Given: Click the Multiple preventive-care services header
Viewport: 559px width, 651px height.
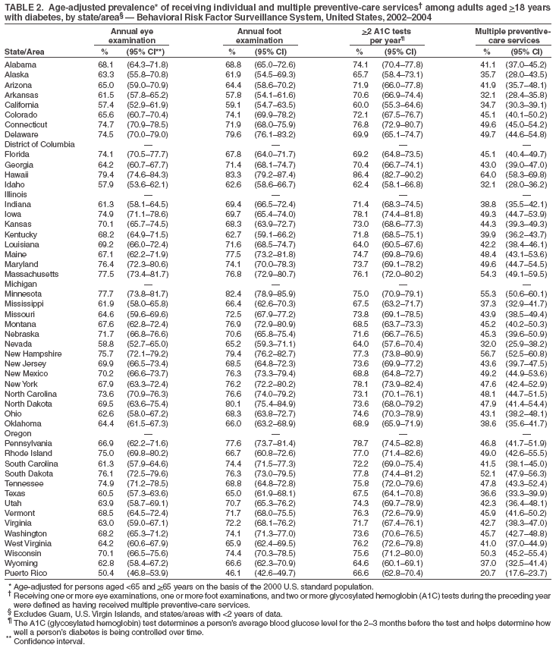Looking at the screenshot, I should tap(512, 35).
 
